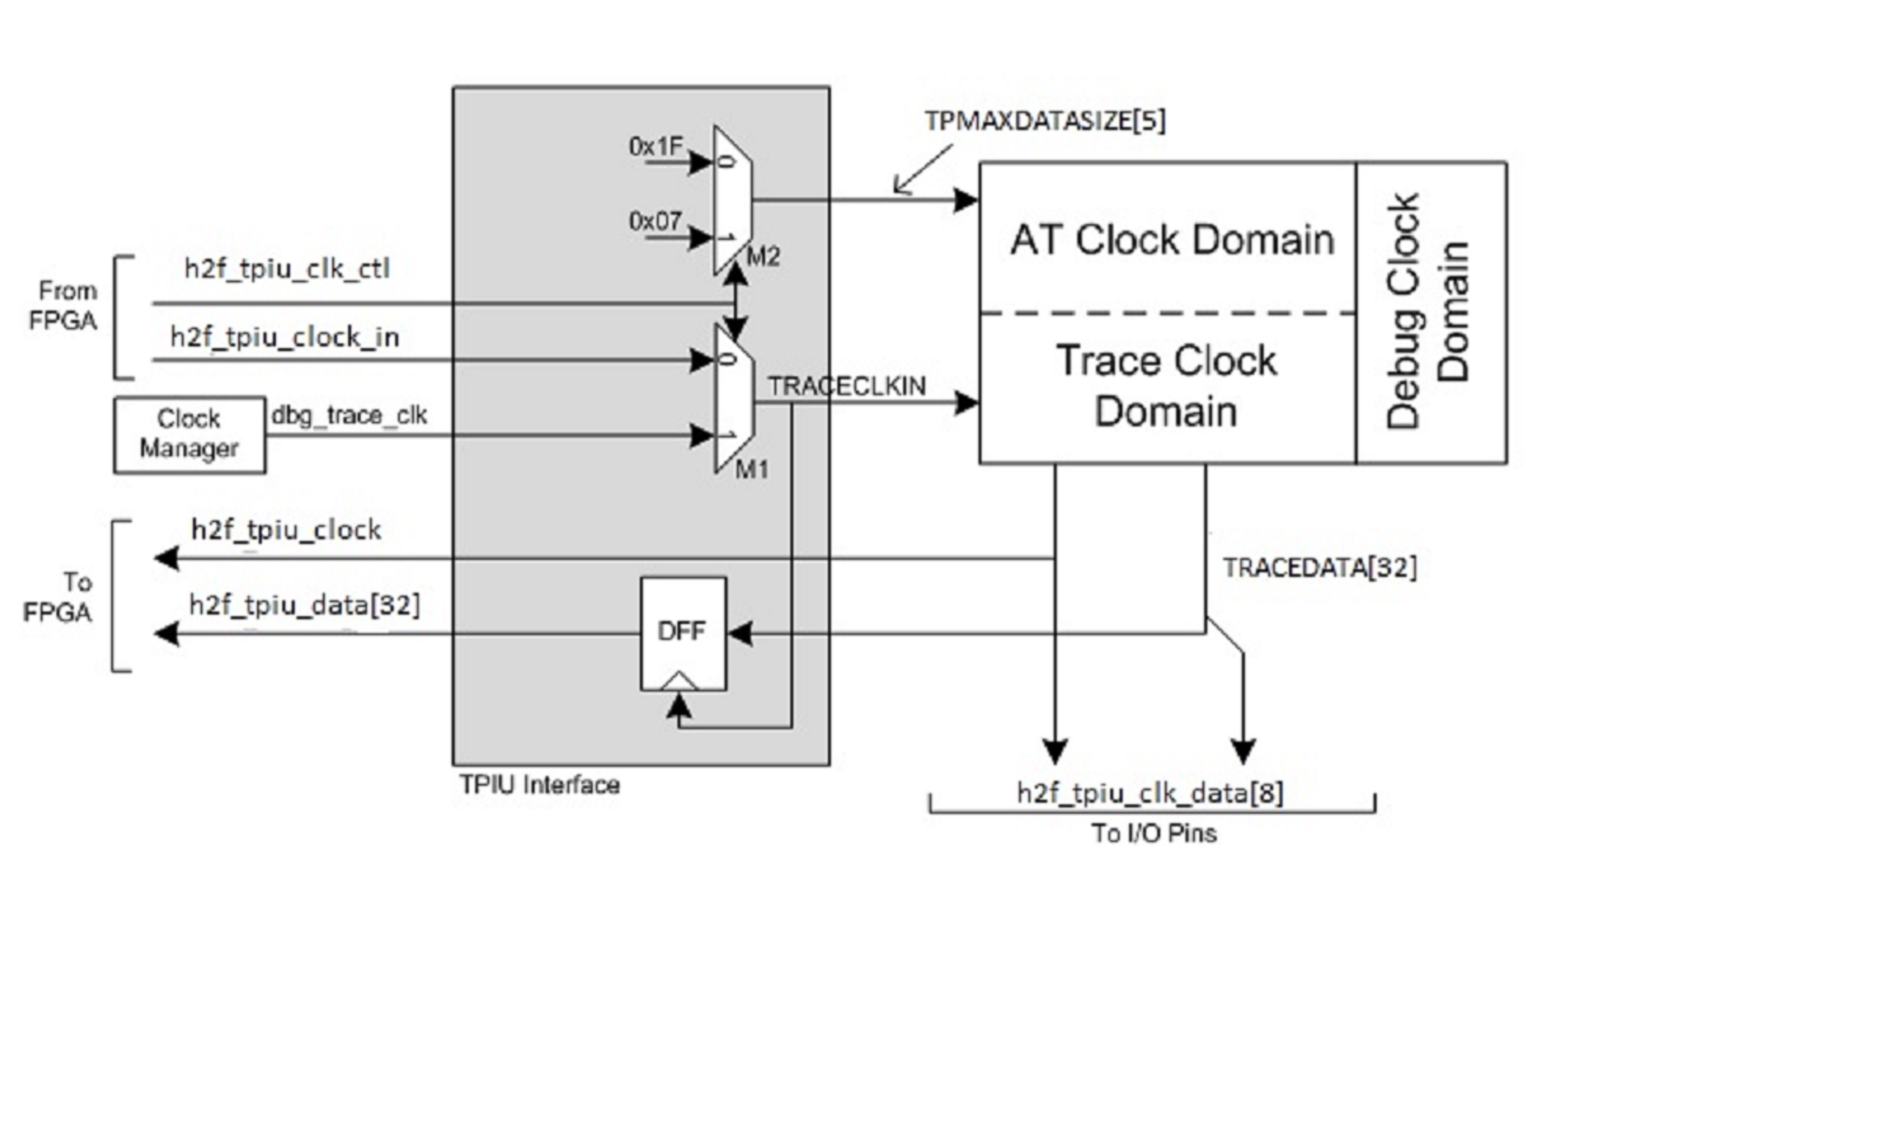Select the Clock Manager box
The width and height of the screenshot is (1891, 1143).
(190, 434)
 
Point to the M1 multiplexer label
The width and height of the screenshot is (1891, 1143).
(752, 469)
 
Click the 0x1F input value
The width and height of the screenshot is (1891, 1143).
(655, 146)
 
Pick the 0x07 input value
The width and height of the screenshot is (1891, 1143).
(655, 221)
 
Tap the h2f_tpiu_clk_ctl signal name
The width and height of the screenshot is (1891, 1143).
(287, 269)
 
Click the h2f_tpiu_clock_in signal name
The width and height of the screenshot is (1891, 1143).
(285, 337)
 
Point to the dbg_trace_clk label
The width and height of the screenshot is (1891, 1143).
(349, 415)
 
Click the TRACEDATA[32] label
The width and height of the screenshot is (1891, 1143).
(1319, 568)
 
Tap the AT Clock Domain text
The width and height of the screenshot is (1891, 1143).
(1172, 239)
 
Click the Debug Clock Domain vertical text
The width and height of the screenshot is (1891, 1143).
(1429, 311)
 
